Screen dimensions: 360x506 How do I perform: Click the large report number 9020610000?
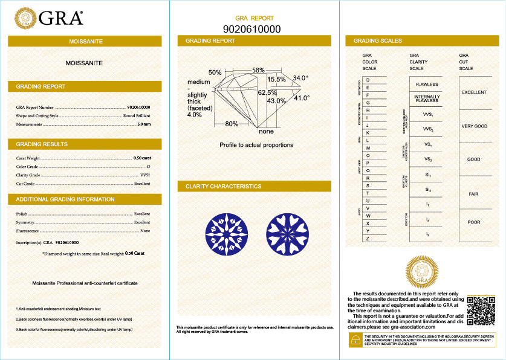click(252, 29)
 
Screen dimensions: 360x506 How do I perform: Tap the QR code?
click(481, 310)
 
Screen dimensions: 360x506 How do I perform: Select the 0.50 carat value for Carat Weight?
click(141, 158)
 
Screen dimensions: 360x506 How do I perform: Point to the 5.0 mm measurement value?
click(144, 124)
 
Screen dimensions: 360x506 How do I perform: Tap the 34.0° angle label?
click(300, 79)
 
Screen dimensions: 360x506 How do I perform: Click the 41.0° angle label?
click(302, 97)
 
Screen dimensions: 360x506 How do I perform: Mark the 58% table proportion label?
click(258, 71)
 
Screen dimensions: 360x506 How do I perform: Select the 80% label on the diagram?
click(232, 124)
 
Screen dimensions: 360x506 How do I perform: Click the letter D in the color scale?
click(368, 80)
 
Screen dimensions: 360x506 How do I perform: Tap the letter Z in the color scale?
click(368, 239)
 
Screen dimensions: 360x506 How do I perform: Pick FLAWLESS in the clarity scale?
click(426, 85)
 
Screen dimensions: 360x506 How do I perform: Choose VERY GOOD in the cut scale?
click(474, 126)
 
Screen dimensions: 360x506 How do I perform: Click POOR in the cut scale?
click(474, 222)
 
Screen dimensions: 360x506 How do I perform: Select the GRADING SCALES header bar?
click(421, 41)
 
